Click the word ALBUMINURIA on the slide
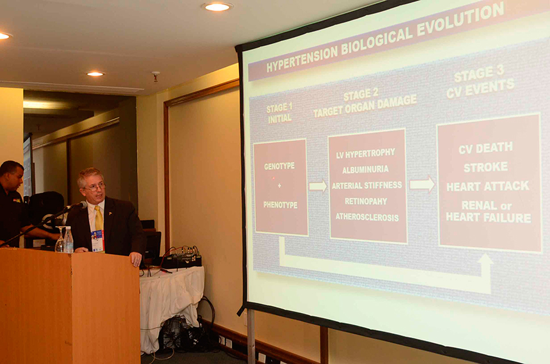tap(366, 170)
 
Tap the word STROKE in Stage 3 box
tap(486, 167)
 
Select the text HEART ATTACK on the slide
tap(487, 186)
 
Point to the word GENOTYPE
tap(279, 167)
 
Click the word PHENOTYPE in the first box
tap(280, 205)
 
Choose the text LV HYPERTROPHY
tap(366, 153)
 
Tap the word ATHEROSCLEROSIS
tap(367, 217)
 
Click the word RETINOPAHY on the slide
tap(366, 201)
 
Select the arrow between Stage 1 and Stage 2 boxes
tap(318, 186)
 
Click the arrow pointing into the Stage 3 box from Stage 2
tap(422, 185)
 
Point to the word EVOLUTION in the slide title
tap(460, 20)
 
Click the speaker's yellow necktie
tap(98, 218)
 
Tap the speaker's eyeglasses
tap(95, 187)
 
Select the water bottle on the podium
tap(68, 239)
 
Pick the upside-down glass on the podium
tap(60, 239)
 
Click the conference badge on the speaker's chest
tap(97, 240)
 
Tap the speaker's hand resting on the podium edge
tap(136, 259)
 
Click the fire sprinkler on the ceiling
tap(155, 76)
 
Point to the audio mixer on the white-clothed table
tap(182, 259)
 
